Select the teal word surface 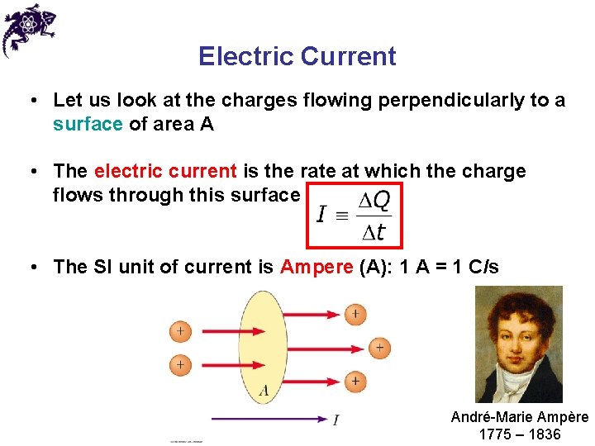(87, 124)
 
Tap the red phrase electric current (165, 171)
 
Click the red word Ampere (317, 267)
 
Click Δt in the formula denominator (374, 233)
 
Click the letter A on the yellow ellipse (264, 390)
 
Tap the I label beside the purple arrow (336, 420)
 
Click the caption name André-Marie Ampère (519, 417)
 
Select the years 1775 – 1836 (519, 434)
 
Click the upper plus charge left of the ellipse (180, 331)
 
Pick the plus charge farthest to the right (378, 348)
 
